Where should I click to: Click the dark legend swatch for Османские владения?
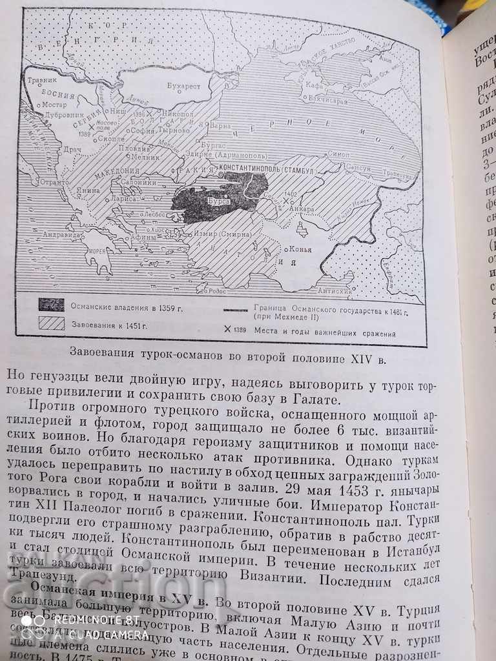coord(52,304)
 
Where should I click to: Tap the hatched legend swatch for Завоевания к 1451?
coord(52,323)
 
